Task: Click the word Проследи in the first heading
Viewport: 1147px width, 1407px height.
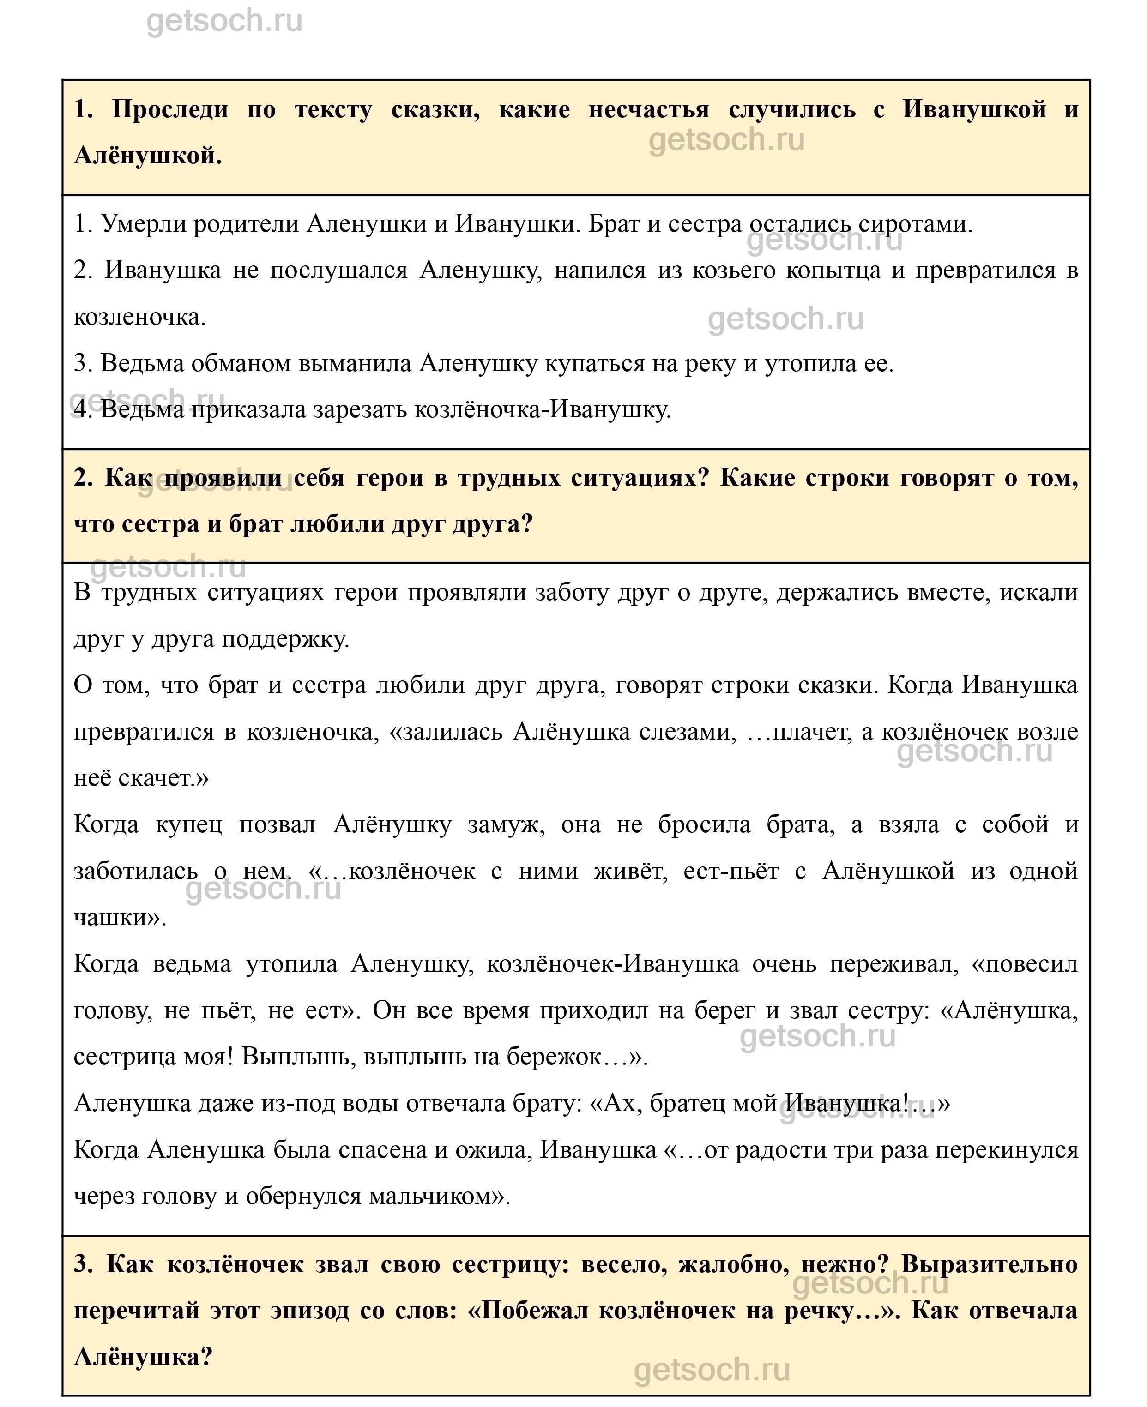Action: point(170,110)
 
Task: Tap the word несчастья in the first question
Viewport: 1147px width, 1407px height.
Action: point(648,110)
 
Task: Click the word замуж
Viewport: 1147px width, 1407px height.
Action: point(506,824)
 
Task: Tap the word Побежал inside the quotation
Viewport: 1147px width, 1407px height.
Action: point(535,1311)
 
